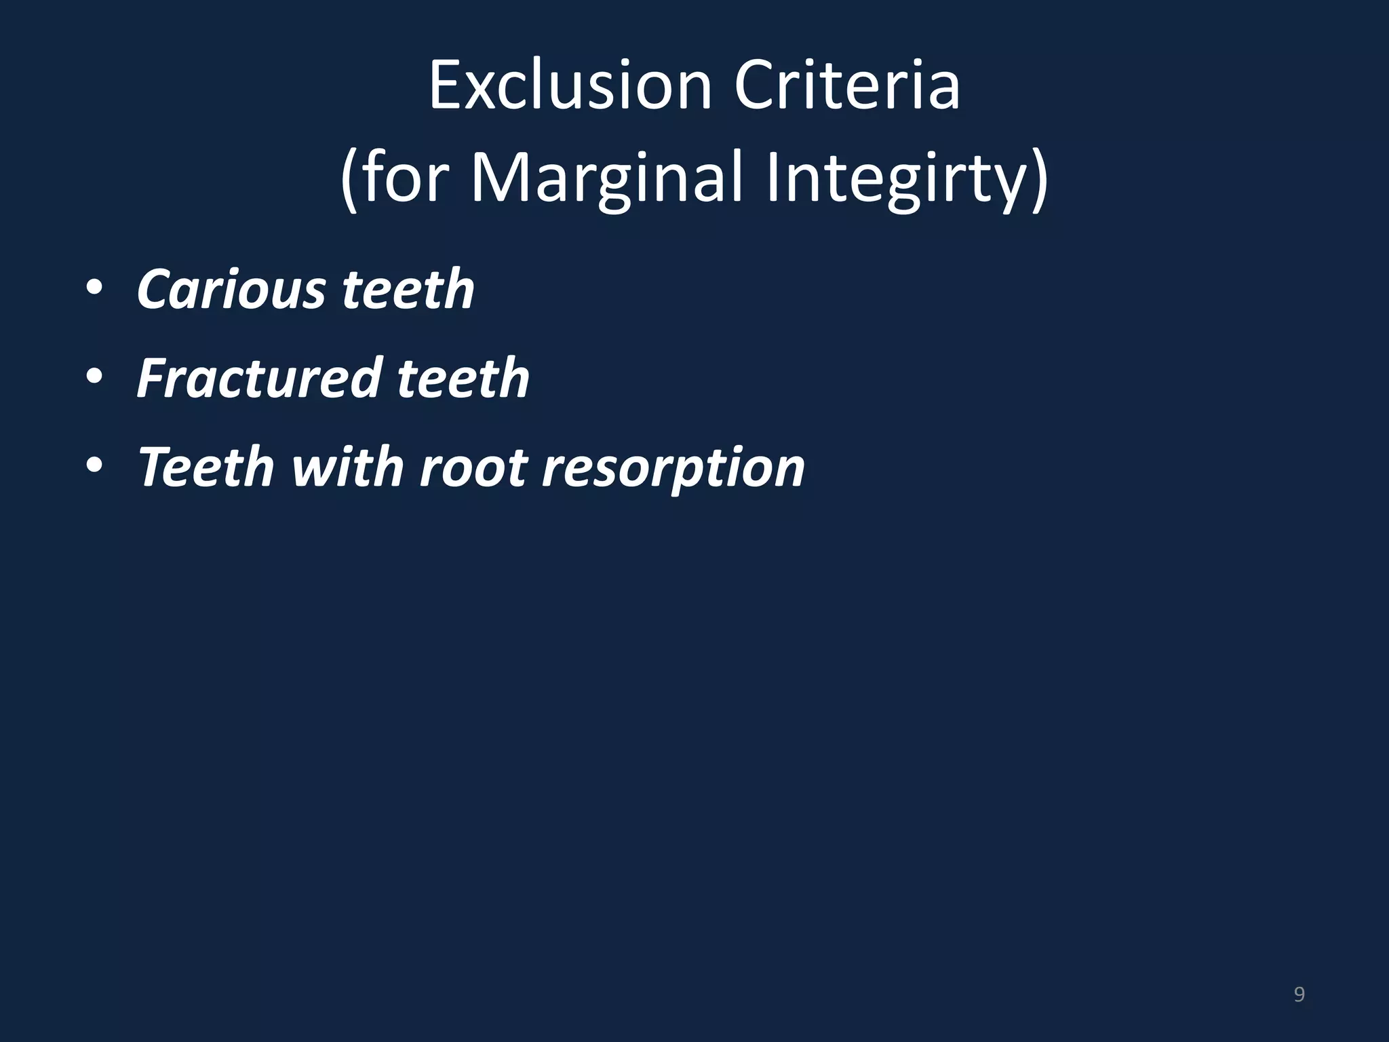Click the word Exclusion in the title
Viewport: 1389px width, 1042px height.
click(570, 86)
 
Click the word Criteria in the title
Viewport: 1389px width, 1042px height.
click(847, 86)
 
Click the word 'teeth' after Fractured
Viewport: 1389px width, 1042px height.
click(463, 378)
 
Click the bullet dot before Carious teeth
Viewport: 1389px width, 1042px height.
click(94, 289)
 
